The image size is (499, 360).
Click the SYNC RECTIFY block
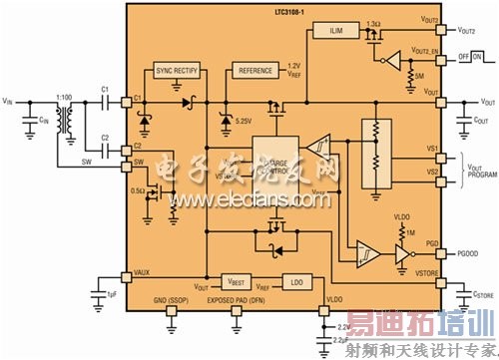[176, 72]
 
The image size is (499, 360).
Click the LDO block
[296, 282]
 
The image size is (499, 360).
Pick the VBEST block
[237, 282]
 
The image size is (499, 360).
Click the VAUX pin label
[142, 271]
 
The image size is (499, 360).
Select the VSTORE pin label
[427, 271]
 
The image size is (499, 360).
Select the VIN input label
[9, 102]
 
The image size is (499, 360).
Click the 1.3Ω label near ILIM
[374, 22]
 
